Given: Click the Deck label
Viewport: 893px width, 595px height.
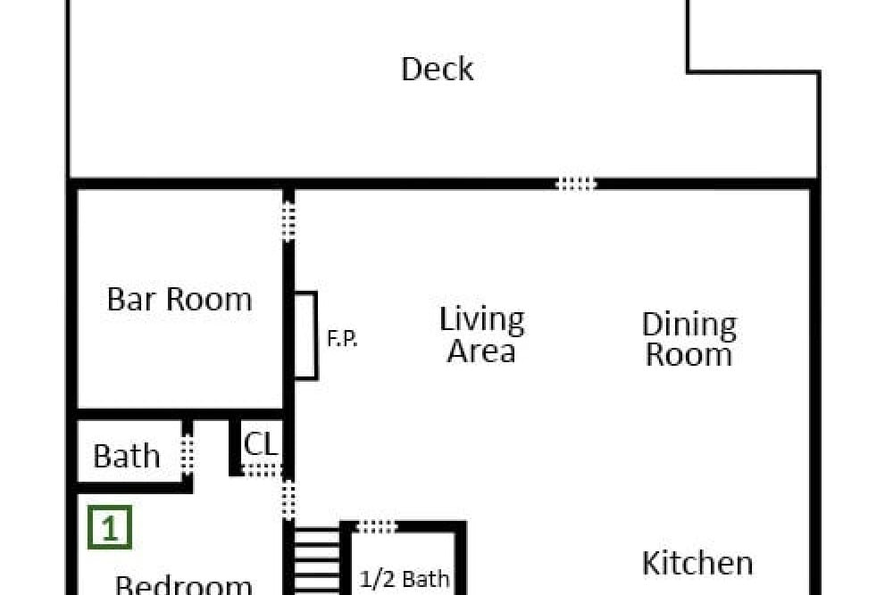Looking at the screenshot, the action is pyautogui.click(x=438, y=70).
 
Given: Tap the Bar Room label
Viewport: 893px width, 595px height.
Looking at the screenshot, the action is pyautogui.click(x=179, y=299).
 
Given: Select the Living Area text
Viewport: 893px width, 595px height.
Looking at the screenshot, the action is pyautogui.click(x=482, y=335).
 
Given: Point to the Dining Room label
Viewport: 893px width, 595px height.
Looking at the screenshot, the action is pyautogui.click(x=689, y=340).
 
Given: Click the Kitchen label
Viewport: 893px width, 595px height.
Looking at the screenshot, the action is pyautogui.click(x=697, y=563).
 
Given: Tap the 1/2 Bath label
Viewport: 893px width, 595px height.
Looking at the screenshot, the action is pyautogui.click(x=405, y=579).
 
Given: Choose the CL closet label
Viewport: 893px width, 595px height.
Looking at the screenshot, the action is pyautogui.click(x=261, y=443).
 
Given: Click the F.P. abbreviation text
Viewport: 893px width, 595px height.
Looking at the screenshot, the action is pyautogui.click(x=342, y=339).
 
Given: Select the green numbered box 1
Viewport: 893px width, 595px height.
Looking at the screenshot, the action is pyautogui.click(x=110, y=528).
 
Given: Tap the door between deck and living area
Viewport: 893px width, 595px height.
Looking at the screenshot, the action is pyautogui.click(x=576, y=184).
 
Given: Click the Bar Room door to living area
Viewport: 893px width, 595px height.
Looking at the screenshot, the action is pyautogui.click(x=288, y=222).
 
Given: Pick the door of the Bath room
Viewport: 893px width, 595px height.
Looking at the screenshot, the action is pyautogui.click(x=187, y=454).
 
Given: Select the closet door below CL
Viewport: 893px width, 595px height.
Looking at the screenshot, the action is pyautogui.click(x=262, y=470).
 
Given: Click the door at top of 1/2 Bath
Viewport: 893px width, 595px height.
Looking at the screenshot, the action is pyautogui.click(x=376, y=527).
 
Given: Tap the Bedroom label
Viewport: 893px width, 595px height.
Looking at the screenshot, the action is pyautogui.click(x=183, y=585).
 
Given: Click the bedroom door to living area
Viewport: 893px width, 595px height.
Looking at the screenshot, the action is pyautogui.click(x=288, y=500).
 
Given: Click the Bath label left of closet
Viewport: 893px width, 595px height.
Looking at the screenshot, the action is pyautogui.click(x=127, y=456).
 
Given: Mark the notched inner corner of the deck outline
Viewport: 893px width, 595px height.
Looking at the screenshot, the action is pyautogui.click(x=688, y=72).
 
